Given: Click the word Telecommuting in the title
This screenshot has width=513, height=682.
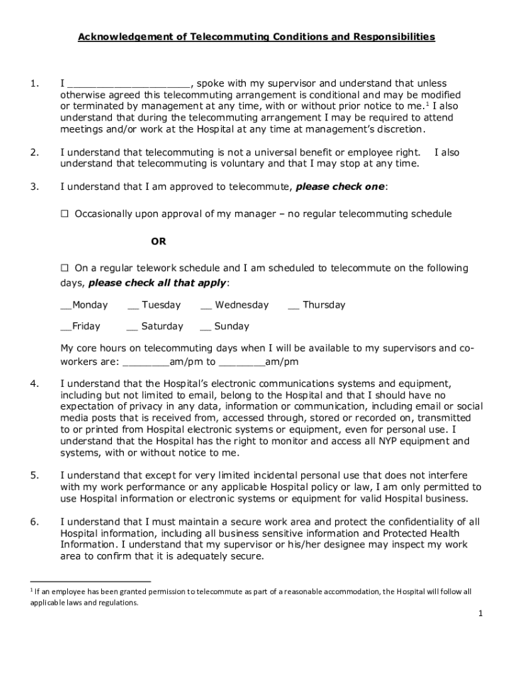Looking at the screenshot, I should click(225, 37).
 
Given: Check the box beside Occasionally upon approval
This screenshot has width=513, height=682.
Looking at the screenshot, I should click(65, 214).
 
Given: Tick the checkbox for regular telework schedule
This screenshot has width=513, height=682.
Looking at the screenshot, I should click(65, 268).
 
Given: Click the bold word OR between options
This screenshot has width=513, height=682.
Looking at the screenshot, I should click(158, 241).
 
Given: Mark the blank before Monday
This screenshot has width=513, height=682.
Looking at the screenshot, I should click(66, 306).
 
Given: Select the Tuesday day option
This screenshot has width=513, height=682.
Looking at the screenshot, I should click(133, 306).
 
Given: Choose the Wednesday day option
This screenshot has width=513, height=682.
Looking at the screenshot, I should click(206, 306).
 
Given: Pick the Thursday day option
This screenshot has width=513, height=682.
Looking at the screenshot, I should click(294, 306).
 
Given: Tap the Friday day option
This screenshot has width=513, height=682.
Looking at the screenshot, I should click(66, 327).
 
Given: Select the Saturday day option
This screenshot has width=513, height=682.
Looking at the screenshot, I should click(132, 327).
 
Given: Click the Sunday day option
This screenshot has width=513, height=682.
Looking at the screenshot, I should click(205, 327).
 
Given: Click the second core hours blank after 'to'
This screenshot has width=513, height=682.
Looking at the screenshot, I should click(242, 363).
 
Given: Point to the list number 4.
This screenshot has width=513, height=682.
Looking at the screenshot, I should click(34, 384).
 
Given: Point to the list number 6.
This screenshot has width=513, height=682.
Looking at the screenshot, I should click(34, 522).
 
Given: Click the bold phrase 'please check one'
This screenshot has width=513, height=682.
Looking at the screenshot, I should click(340, 187).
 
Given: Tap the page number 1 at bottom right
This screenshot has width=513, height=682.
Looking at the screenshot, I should click(479, 614).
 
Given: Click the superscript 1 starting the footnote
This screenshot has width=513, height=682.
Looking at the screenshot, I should click(31, 589).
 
